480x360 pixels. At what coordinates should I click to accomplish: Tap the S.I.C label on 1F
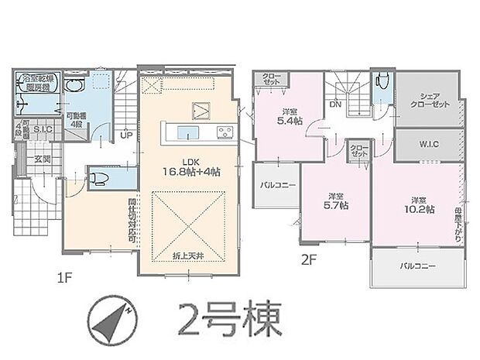(x=42, y=130)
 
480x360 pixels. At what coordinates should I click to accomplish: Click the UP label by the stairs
(x=125, y=134)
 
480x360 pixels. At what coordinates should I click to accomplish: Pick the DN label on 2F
(x=336, y=103)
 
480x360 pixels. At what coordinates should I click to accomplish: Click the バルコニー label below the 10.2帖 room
(x=417, y=266)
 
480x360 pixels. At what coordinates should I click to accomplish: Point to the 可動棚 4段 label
(x=75, y=118)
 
